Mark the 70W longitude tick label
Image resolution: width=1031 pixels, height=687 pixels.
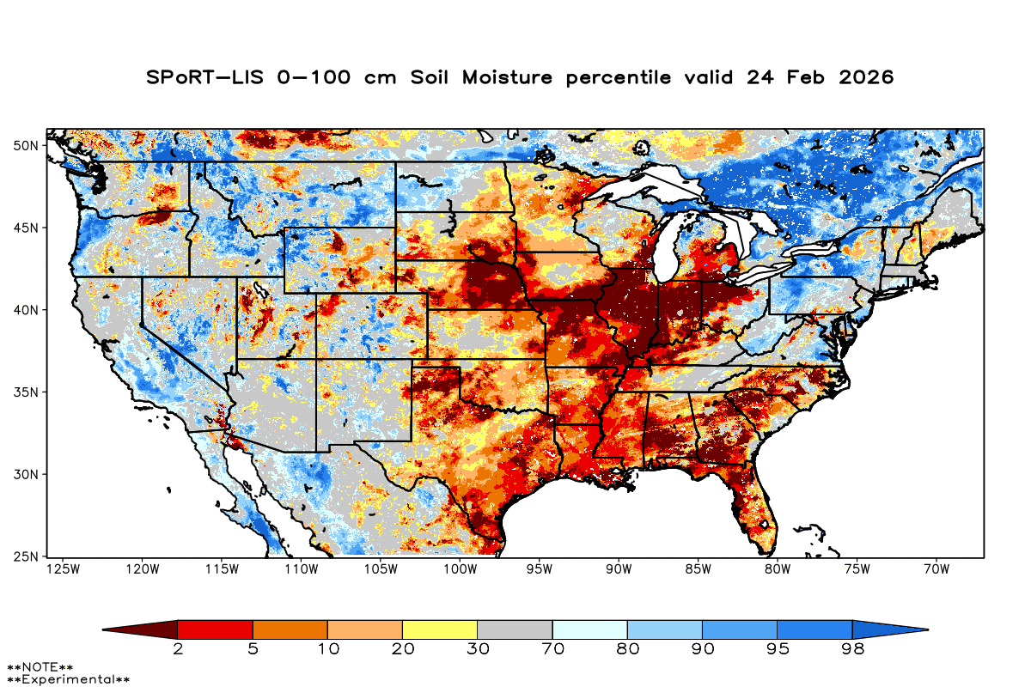[x=935, y=568]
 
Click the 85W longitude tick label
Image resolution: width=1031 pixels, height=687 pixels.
[x=697, y=568]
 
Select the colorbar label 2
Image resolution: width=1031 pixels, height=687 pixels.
[x=178, y=649]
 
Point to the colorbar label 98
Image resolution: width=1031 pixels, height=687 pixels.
[x=851, y=649]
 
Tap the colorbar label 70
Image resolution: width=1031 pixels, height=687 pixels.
[x=552, y=649]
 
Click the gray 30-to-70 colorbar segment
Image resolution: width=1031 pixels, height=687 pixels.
[x=515, y=629]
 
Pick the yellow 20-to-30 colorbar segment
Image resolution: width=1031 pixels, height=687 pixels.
[x=440, y=629]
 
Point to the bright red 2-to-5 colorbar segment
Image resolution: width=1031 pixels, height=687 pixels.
[x=215, y=629]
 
